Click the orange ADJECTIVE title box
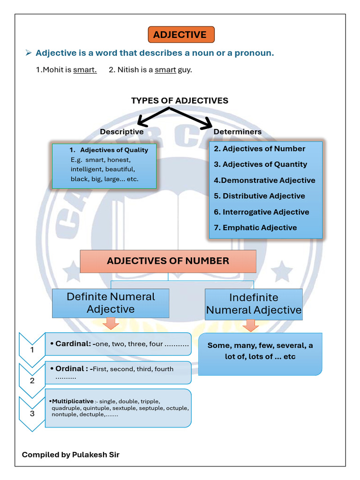tap(180, 35)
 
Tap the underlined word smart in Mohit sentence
tap(85, 70)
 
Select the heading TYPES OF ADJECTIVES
tap(180, 101)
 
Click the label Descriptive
tap(121, 132)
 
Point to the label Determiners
tap(237, 132)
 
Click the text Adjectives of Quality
tap(114, 150)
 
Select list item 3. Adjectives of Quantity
tap(260, 165)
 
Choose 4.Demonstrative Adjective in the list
tap(264, 180)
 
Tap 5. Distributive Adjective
tap(259, 196)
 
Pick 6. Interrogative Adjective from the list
tap(262, 212)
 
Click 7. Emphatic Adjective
tap(255, 228)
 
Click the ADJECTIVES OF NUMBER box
tap(168, 261)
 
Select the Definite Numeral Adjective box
tap(111, 303)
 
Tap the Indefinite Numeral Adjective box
tap(254, 304)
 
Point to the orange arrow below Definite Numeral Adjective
tap(111, 323)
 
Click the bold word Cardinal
tap(73, 344)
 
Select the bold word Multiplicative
tap(73, 401)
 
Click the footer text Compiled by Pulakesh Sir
tap(70, 455)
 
